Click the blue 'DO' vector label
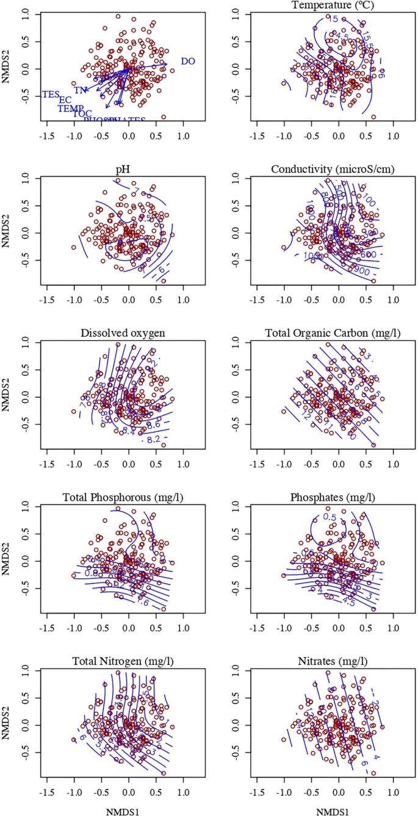click(x=188, y=62)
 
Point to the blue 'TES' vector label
click(x=51, y=95)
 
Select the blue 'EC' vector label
click(x=65, y=100)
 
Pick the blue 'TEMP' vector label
click(x=71, y=109)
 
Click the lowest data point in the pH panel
click(x=164, y=281)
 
